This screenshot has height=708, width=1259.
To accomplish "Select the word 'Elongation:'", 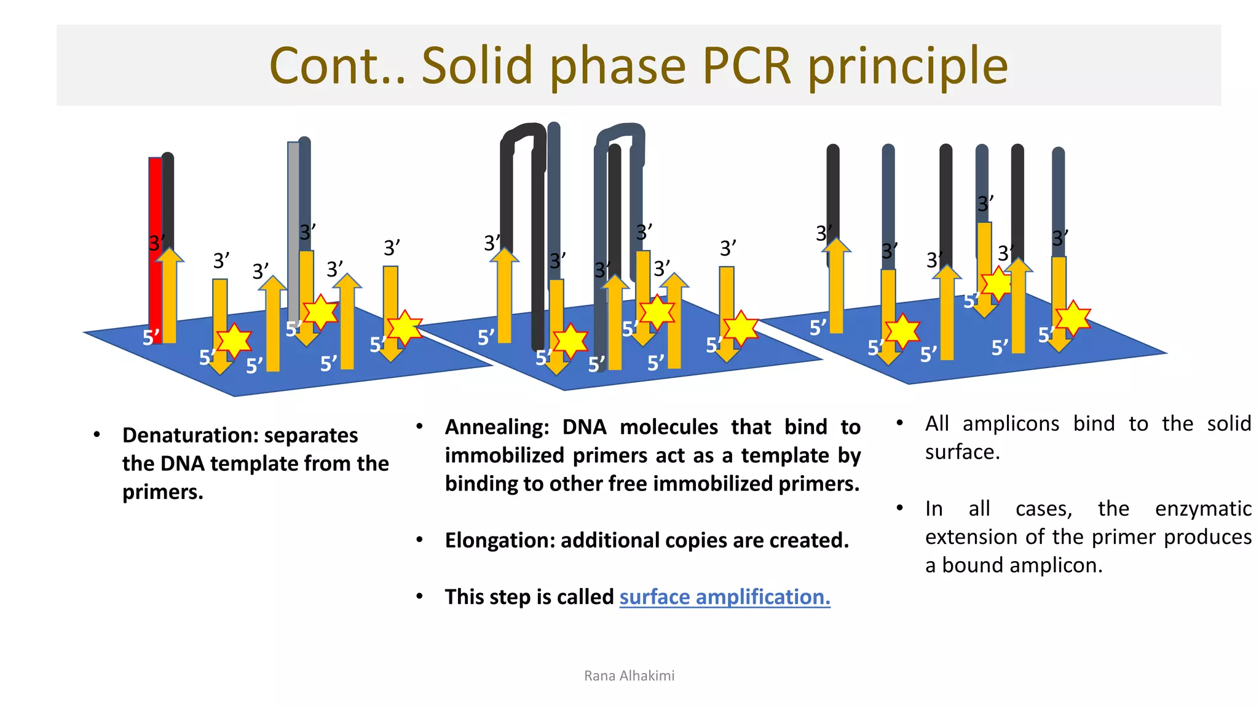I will click(x=500, y=540).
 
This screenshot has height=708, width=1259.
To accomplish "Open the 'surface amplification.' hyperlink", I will click(x=725, y=597).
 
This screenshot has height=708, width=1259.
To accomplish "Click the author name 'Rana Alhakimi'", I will click(x=629, y=676).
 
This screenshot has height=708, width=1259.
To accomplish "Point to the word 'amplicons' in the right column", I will click(x=1011, y=423).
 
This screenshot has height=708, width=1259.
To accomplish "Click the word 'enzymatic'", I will click(x=1203, y=509).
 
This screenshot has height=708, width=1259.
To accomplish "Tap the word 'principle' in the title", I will click(x=908, y=66).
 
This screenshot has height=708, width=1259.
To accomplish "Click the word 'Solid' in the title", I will click(x=476, y=66).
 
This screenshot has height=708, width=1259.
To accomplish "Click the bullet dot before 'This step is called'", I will click(x=419, y=596).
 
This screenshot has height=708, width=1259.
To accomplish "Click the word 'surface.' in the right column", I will click(x=963, y=452).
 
